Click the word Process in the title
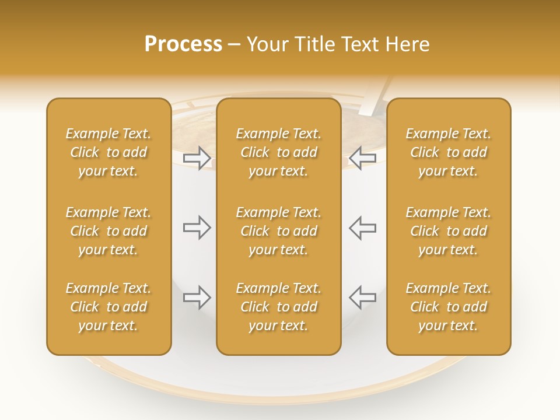(x=183, y=44)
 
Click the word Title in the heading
(x=314, y=44)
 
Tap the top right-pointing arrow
(x=197, y=158)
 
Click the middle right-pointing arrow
(x=197, y=228)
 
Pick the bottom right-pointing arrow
(x=197, y=297)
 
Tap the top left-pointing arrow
(x=363, y=158)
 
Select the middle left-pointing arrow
(x=363, y=228)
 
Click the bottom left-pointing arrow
(x=363, y=297)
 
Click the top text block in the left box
(x=108, y=152)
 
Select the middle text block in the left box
(x=108, y=231)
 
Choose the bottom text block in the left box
(x=108, y=307)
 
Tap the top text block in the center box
(x=278, y=152)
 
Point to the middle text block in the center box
(x=278, y=231)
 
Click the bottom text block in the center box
(x=278, y=307)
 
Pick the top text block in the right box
(x=448, y=152)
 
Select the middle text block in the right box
(x=448, y=231)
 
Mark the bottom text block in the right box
(x=448, y=307)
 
